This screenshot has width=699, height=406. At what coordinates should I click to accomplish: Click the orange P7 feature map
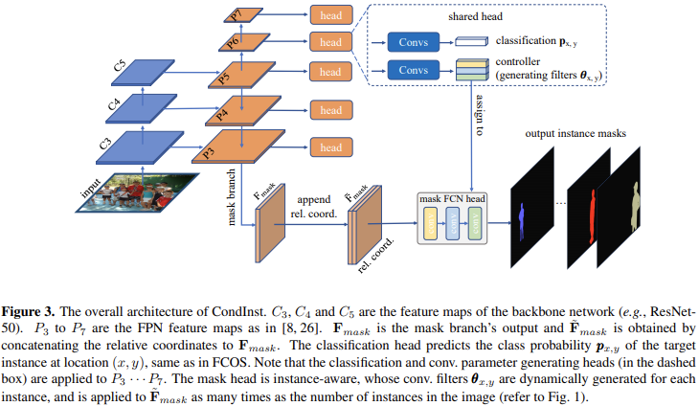[x=239, y=14]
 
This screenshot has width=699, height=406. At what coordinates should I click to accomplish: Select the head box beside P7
[x=329, y=13]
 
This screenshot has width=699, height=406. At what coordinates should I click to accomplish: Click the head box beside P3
[x=329, y=147]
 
